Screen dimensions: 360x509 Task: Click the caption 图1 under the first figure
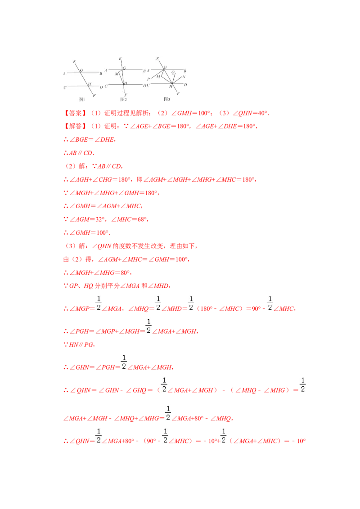81,99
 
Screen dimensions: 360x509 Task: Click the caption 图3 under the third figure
167,99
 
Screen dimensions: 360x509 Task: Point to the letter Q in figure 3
173,72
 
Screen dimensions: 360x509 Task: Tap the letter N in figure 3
184,77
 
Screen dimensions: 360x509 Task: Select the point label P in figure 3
148,79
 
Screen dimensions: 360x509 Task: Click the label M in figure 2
117,74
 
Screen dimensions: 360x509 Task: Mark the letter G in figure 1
81,70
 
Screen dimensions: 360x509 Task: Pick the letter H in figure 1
90,84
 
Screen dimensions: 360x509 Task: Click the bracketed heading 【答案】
74,113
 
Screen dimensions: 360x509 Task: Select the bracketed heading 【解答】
74,126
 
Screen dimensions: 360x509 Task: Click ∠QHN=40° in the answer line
250,113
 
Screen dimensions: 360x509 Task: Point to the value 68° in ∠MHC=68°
142,219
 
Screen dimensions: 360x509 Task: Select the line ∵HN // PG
79,345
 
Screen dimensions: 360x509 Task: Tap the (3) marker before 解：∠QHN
71,246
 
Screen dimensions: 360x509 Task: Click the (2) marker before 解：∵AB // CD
71,166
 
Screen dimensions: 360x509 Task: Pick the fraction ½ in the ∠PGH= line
148,326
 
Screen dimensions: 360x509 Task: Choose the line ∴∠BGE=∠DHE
90,139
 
